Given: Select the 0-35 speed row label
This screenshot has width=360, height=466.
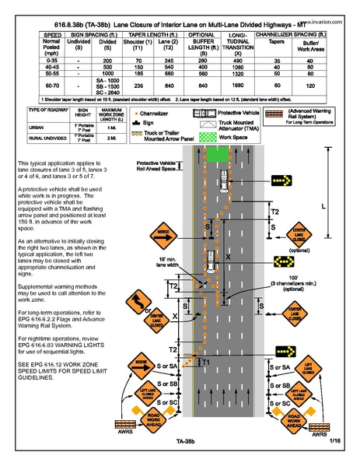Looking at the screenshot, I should [54, 59].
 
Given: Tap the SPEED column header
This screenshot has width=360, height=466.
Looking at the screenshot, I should [54, 36].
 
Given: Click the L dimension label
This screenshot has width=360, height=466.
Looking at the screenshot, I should [344, 206].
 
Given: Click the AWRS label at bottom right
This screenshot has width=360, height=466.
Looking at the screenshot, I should [319, 435].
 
